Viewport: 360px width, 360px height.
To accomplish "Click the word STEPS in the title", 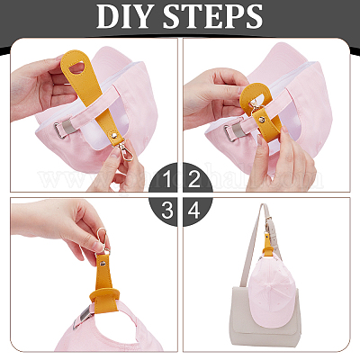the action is (x=212, y=16).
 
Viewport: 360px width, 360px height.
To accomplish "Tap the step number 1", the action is (x=167, y=179).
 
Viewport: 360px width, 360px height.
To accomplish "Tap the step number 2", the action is (x=193, y=179).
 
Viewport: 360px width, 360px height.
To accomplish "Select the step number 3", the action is (x=167, y=210).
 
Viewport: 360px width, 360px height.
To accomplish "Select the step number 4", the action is (x=193, y=210).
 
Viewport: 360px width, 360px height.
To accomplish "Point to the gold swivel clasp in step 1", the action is (x=126, y=151).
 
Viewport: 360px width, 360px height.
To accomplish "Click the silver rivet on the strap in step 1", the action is (x=114, y=136).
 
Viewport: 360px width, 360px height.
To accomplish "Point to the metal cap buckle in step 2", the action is (x=231, y=133).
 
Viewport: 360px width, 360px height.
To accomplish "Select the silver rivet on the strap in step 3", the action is (x=103, y=264).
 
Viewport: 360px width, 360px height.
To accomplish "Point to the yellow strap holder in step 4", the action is (x=267, y=250).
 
